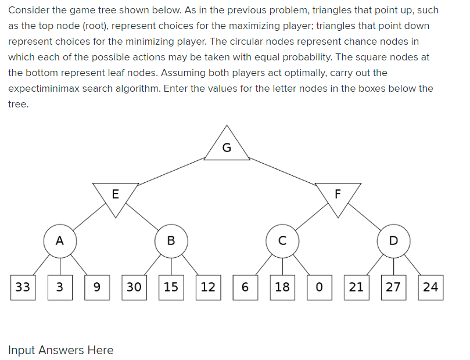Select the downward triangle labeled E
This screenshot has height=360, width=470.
115,195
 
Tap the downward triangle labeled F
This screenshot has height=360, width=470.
338,195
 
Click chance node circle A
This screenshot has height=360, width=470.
60,240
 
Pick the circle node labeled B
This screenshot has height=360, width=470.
171,241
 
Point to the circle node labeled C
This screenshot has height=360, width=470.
282,241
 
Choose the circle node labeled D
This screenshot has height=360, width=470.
393,241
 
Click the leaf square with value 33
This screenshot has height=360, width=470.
23,287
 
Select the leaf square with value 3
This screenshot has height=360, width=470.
60,287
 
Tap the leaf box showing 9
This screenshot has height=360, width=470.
97,287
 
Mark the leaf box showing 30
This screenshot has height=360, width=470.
134,287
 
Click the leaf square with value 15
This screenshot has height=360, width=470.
171,287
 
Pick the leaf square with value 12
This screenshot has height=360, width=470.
208,287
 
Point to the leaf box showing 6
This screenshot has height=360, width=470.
245,287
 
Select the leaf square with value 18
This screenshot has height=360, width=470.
282,287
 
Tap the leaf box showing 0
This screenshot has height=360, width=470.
319,287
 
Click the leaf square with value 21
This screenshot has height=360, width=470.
356,287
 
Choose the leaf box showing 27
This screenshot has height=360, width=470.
393,287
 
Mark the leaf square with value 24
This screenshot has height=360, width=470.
430,287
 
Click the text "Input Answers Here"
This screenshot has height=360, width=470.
61,350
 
